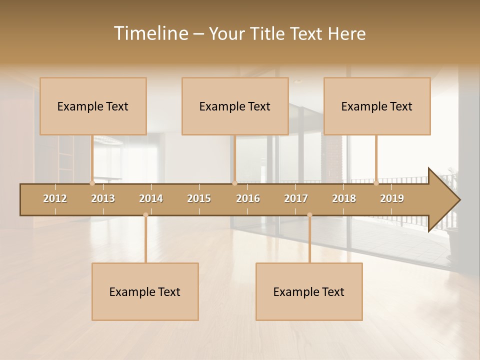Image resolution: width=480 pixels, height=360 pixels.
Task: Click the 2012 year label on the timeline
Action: pyautogui.click(x=55, y=198)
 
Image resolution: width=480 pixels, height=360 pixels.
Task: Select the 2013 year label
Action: pyautogui.click(x=103, y=198)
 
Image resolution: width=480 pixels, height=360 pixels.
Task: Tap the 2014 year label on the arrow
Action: pyautogui.click(x=151, y=198)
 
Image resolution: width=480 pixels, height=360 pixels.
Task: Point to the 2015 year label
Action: pyautogui.click(x=199, y=198)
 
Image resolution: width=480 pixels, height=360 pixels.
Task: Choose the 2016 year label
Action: pyautogui.click(x=248, y=198)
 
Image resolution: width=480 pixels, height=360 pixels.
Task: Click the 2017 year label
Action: pyautogui.click(x=296, y=198)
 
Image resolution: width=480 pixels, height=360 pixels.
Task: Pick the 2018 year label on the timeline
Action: pyautogui.click(x=344, y=198)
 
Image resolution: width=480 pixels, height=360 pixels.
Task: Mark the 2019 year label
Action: pyautogui.click(x=392, y=198)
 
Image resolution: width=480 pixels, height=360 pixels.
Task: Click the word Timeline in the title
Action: pyautogui.click(x=150, y=33)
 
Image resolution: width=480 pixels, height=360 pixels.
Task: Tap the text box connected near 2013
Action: pyautogui.click(x=93, y=106)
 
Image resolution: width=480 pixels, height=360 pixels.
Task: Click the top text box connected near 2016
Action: pyautogui.click(x=235, y=106)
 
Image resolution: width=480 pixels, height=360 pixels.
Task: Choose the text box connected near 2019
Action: pyautogui.click(x=377, y=106)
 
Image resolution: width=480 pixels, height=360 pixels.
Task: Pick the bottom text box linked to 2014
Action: pyautogui.click(x=145, y=291)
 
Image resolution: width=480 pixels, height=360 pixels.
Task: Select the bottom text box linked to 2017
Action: pyautogui.click(x=309, y=291)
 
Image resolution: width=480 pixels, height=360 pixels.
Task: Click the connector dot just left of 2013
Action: pyautogui.click(x=92, y=183)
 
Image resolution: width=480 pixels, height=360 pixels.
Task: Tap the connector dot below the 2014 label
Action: pyautogui.click(x=145, y=215)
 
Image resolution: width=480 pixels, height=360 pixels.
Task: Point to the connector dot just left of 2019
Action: pyautogui.click(x=376, y=183)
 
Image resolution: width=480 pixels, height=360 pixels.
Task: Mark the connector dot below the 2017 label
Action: pyautogui.click(x=309, y=215)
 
